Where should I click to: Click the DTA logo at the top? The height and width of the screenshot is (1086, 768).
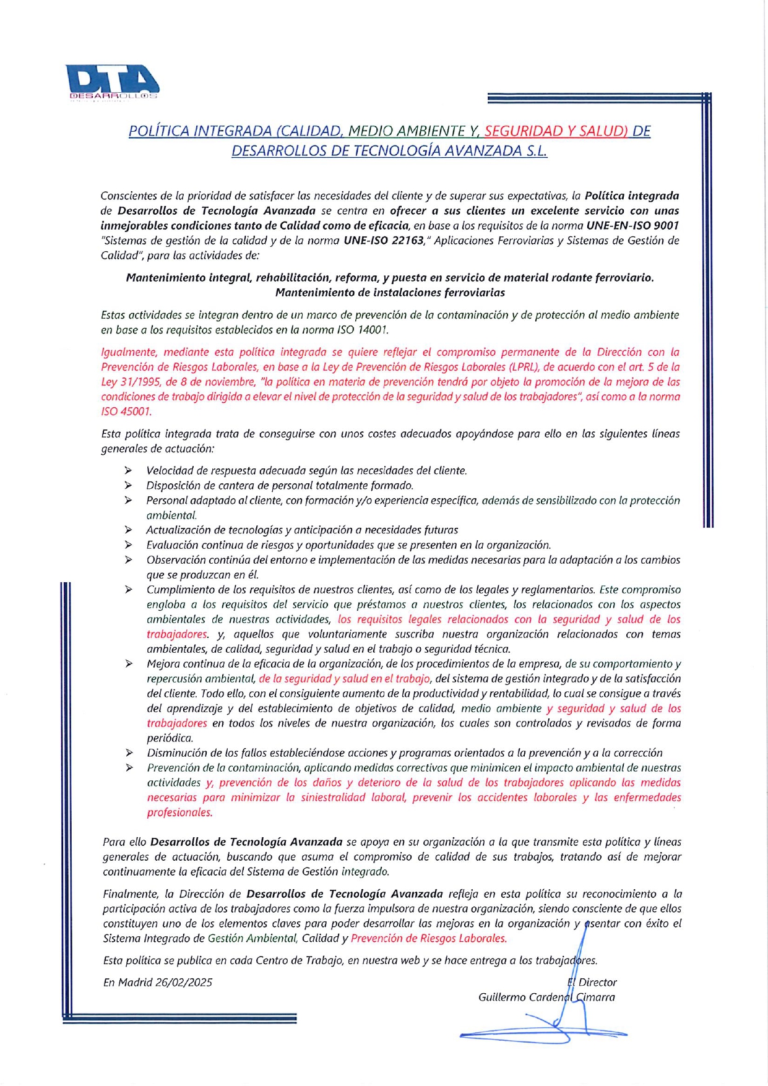pos(113,82)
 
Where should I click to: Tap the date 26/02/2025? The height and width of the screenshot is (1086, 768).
pos(184,982)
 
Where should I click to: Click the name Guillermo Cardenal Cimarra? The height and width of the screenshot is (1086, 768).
pos(546,997)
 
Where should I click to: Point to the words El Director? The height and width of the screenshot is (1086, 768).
pos(592,982)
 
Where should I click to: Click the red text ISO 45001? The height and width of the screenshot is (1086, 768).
pos(126,412)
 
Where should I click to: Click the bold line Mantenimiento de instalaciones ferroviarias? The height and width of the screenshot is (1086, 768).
pos(390,293)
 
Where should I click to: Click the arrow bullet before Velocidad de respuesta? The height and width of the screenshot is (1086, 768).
pos(128,471)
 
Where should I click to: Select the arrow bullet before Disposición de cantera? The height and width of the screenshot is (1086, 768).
pos(128,486)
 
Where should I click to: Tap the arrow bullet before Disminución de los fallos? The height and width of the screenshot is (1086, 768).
pos(129,753)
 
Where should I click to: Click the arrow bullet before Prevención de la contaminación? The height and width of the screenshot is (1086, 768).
pos(129,768)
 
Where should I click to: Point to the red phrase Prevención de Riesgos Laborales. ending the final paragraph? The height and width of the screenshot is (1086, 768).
pos(428,938)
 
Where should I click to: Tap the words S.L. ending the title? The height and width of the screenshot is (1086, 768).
pos(537,151)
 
